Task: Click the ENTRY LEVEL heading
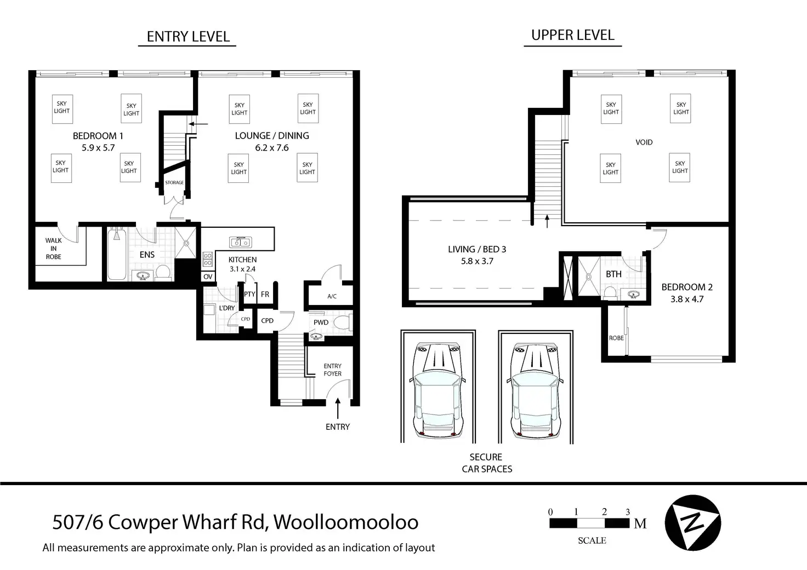(188, 37)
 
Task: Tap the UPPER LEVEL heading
(573, 35)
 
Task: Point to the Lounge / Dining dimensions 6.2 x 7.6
(272, 148)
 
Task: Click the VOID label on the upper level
(644, 142)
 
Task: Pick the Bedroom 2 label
(687, 287)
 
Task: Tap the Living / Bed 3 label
(477, 249)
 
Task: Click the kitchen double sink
(240, 242)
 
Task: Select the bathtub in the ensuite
(116, 255)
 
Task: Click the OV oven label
(208, 277)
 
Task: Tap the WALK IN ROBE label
(54, 249)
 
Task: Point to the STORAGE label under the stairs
(174, 183)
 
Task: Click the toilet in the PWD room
(342, 323)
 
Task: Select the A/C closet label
(332, 296)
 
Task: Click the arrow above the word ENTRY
(338, 408)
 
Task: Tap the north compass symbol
(692, 522)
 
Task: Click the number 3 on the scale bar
(628, 513)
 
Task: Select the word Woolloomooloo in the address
(346, 522)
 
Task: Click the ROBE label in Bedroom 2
(616, 338)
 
